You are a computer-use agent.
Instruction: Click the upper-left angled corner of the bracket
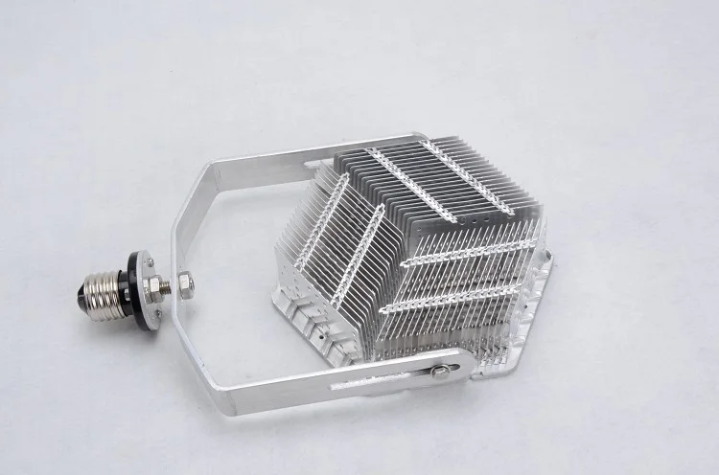coord(197,192)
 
